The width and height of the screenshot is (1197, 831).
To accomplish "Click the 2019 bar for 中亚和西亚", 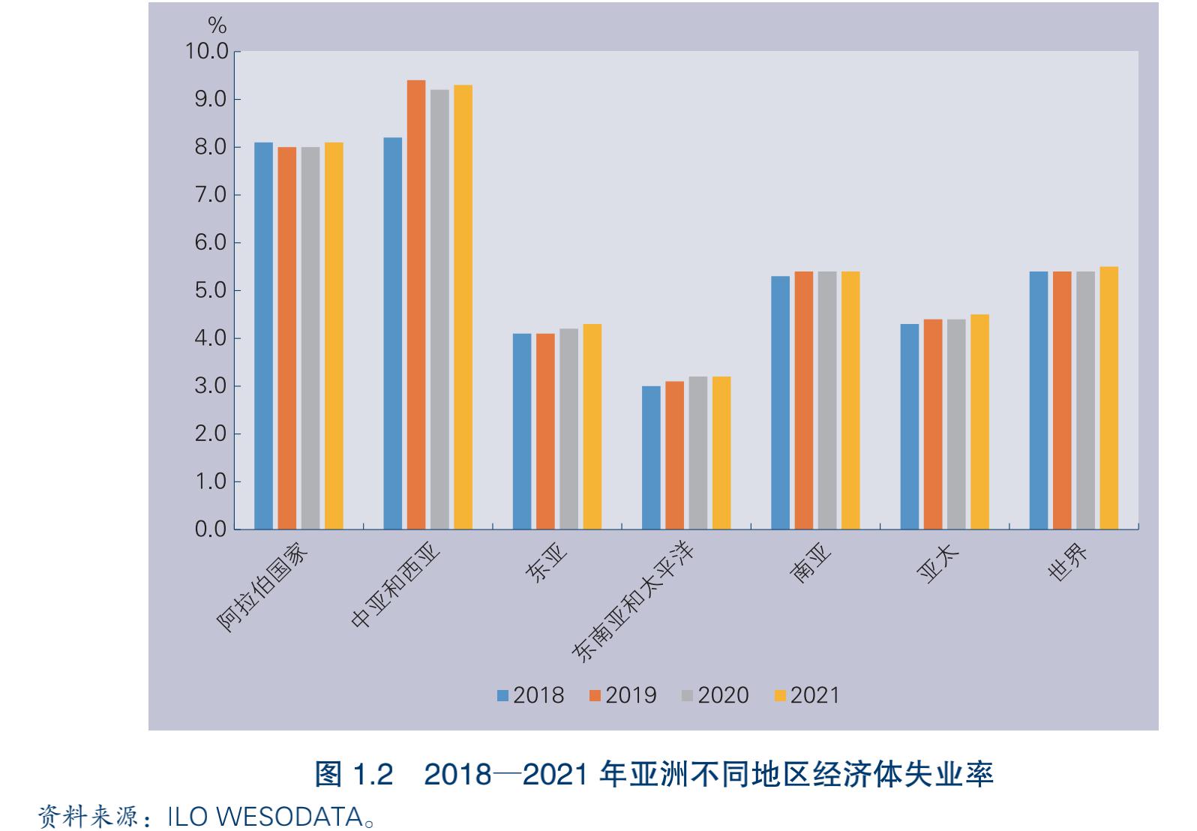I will click(x=416, y=304).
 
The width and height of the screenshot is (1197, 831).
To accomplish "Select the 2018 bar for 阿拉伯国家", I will click(x=264, y=336).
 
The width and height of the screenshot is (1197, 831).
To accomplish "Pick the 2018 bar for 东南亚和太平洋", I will click(x=651, y=457).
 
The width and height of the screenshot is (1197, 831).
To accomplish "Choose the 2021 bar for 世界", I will click(x=1108, y=397).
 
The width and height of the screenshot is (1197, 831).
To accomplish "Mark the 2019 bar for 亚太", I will click(x=933, y=424).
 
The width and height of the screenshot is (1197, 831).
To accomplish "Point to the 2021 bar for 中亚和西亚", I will click(x=463, y=307).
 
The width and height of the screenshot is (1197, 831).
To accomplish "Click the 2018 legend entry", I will click(x=530, y=695).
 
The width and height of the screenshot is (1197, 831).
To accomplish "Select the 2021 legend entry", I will click(x=807, y=695).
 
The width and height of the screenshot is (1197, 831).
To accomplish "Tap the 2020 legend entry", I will click(x=715, y=695).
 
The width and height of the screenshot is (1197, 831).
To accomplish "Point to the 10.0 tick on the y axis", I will click(x=207, y=51).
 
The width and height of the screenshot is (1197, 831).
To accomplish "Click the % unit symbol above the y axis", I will click(x=217, y=26).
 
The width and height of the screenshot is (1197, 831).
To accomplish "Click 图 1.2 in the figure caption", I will click(x=354, y=773).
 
